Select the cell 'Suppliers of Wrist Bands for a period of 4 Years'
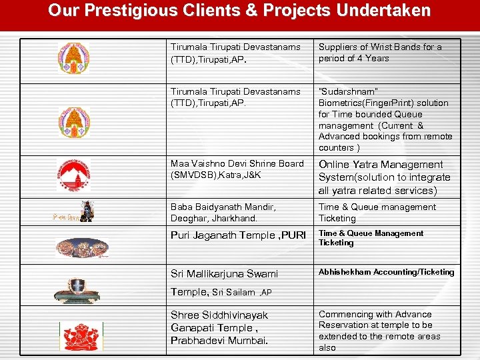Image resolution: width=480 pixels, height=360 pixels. [x=380, y=53]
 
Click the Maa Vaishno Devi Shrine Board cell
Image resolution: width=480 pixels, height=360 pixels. [x=237, y=169]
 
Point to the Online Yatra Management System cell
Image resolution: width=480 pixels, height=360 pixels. [x=385, y=177]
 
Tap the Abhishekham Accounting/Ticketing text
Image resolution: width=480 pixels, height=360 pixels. [x=386, y=272]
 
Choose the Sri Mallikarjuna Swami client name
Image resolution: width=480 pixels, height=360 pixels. [x=224, y=274]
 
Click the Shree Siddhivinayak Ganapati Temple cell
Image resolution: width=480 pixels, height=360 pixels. [x=219, y=327]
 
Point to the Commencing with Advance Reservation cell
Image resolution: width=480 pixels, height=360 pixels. [x=380, y=331]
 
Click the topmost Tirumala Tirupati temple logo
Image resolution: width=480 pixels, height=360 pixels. [x=73, y=58]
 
